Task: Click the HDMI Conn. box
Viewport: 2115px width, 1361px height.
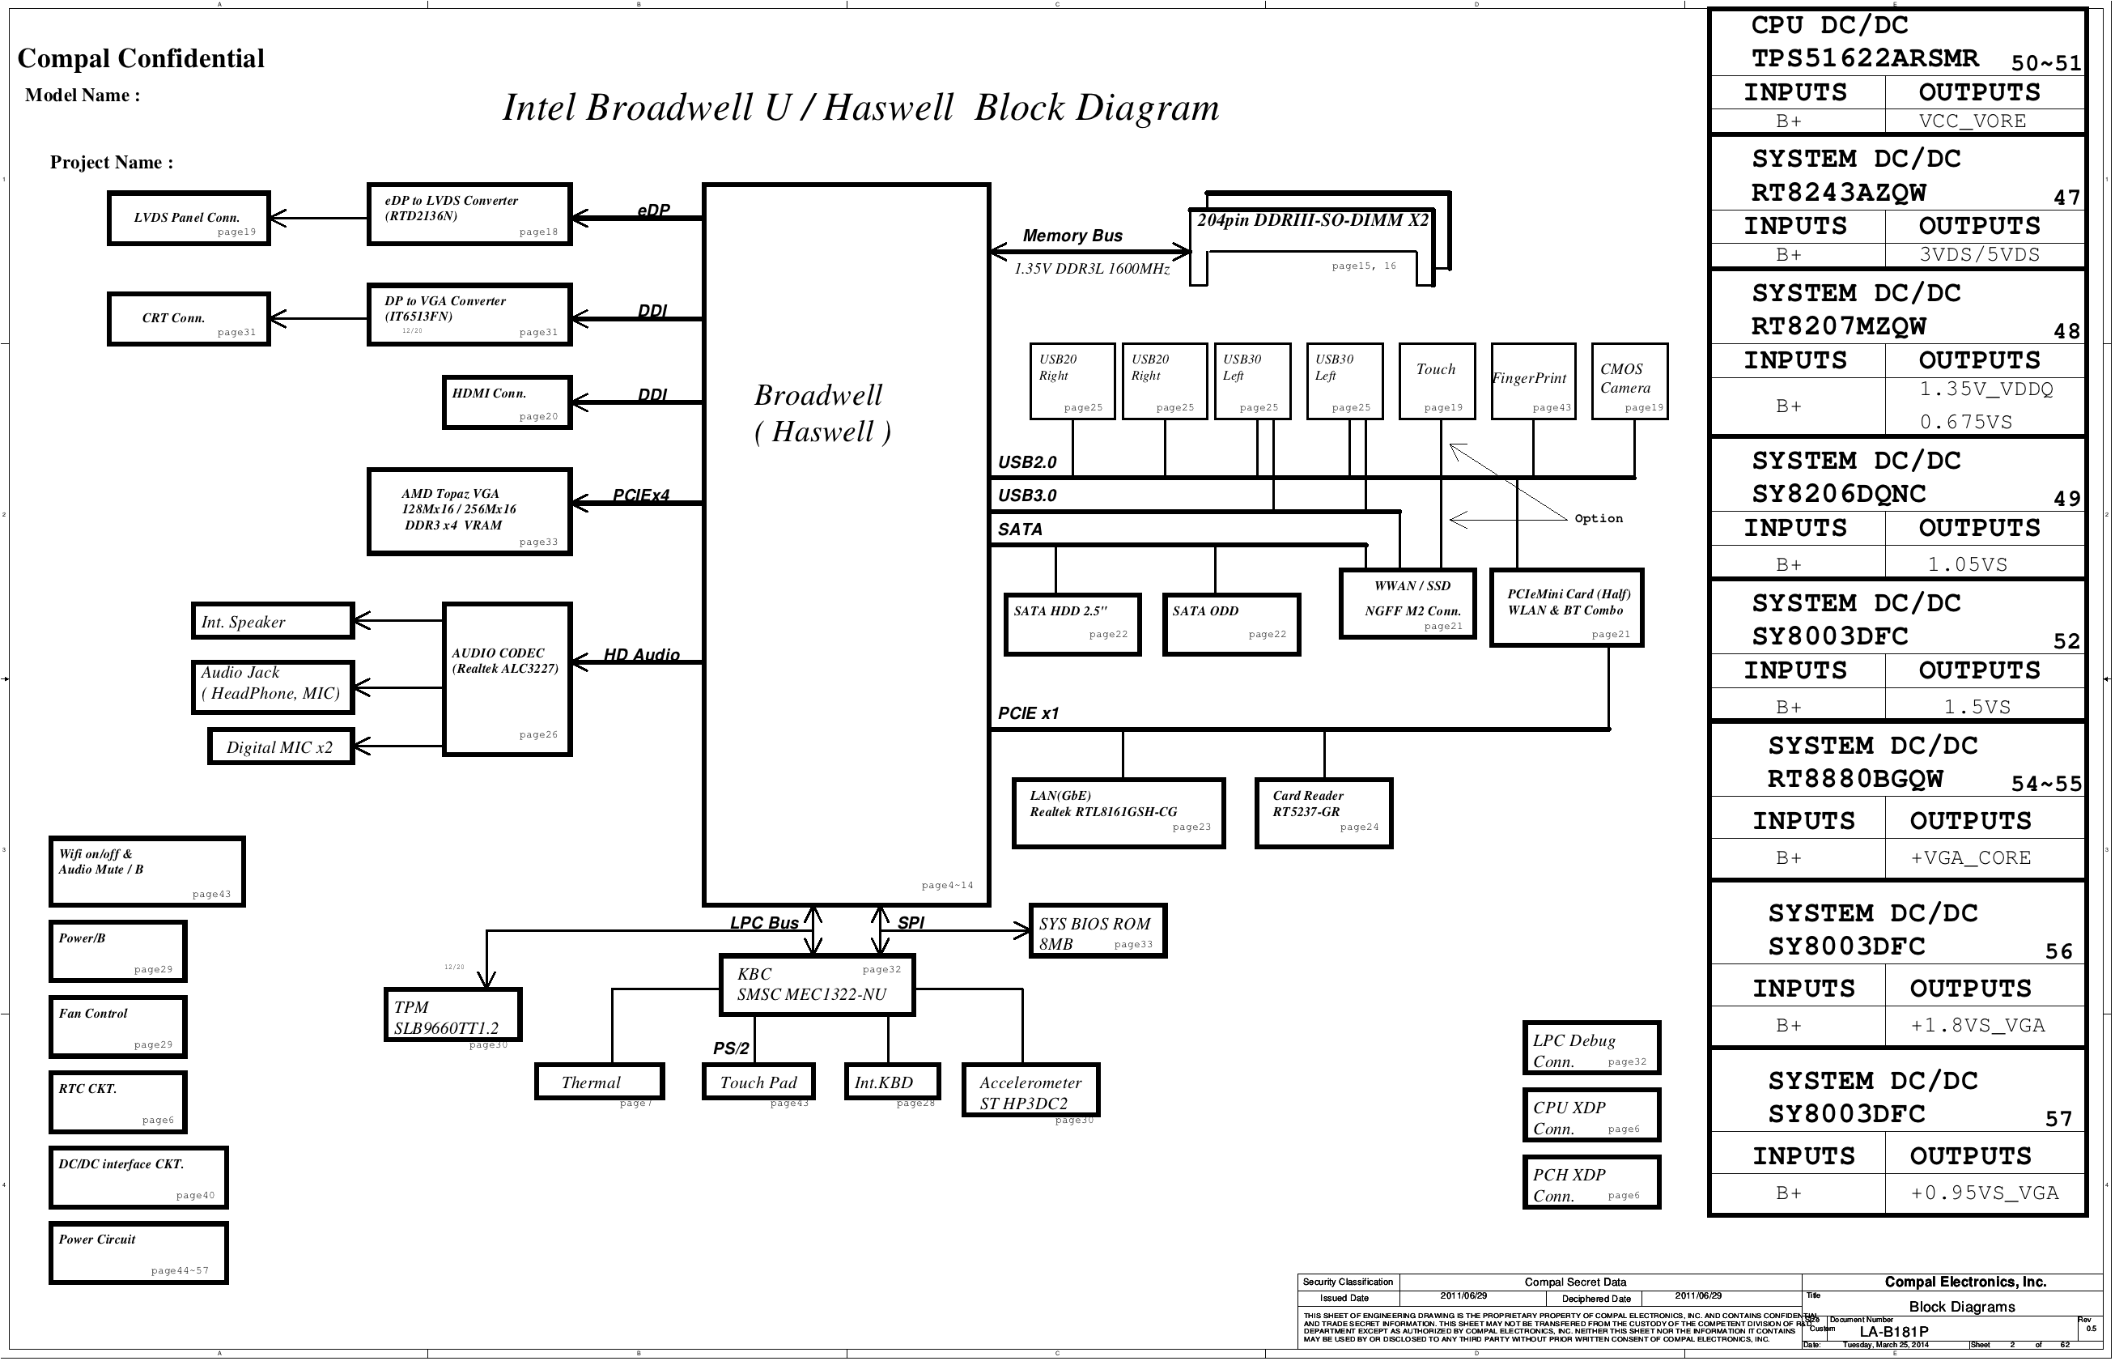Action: pos(506,403)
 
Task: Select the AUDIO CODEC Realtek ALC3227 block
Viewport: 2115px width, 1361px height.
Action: pos(506,678)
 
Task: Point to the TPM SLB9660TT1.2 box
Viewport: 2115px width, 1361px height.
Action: pos(453,1014)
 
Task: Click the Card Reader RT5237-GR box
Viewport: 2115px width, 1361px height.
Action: pos(1323,813)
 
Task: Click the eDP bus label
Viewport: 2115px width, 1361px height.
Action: pos(654,211)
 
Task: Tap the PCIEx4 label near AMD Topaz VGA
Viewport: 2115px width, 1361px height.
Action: pos(641,495)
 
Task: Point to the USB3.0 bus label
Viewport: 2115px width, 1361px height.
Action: pos(1026,495)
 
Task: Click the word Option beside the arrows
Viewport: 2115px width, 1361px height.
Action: pos(1598,519)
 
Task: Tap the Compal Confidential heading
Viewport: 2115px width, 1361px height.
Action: pos(142,58)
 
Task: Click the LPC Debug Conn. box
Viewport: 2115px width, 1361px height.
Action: pos(1591,1048)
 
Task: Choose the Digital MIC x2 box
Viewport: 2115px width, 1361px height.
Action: pos(281,746)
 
